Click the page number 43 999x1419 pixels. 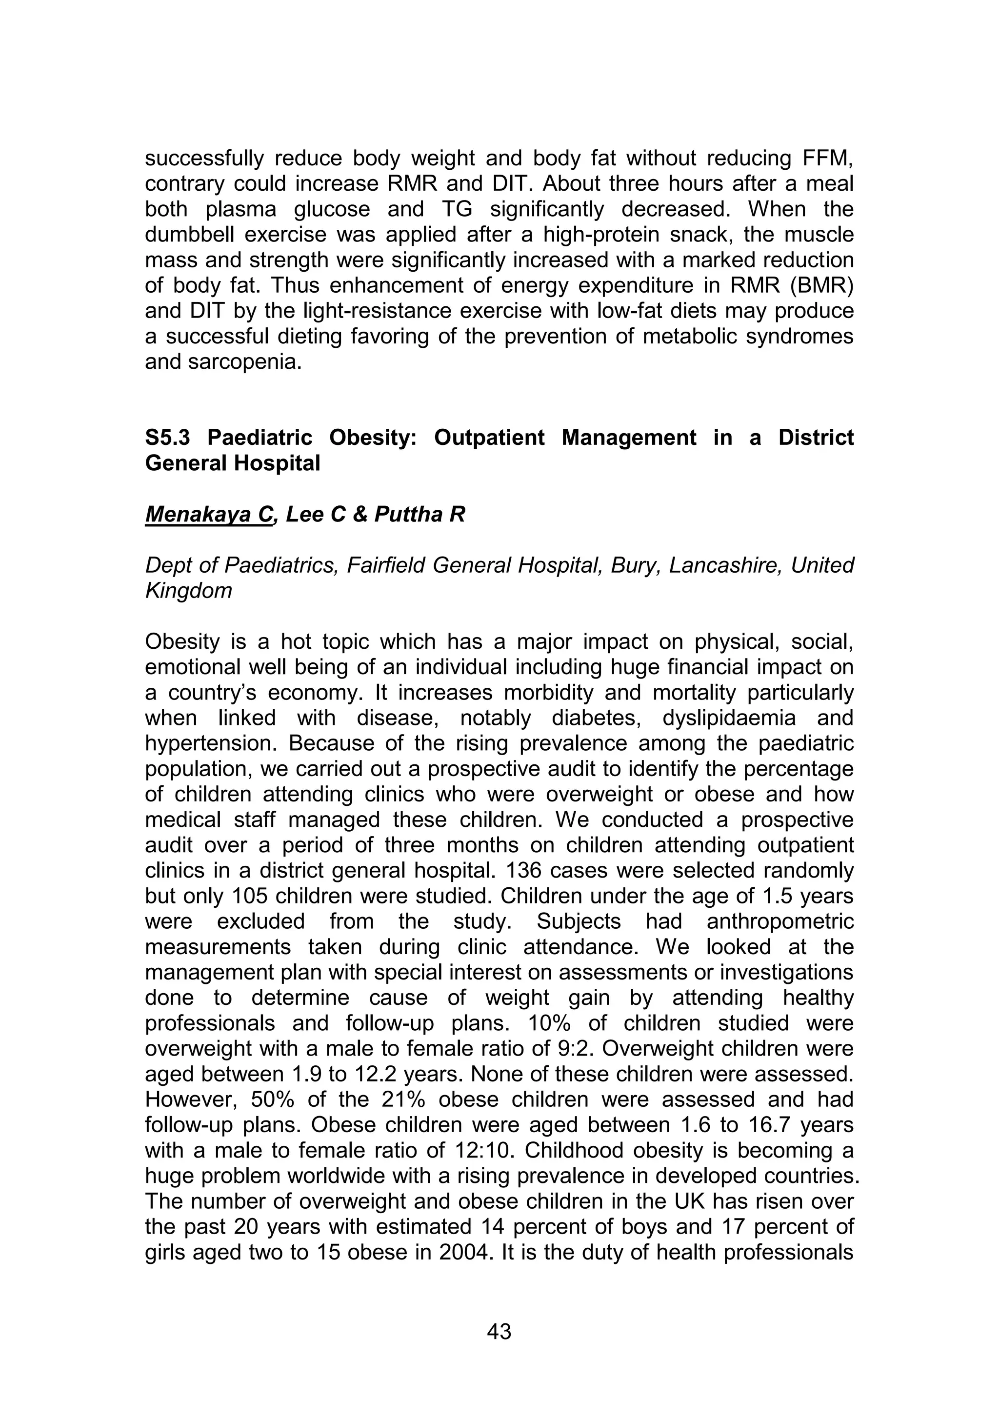click(499, 1331)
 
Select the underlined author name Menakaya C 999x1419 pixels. click(208, 514)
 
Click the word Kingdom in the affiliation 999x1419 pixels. click(188, 591)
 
